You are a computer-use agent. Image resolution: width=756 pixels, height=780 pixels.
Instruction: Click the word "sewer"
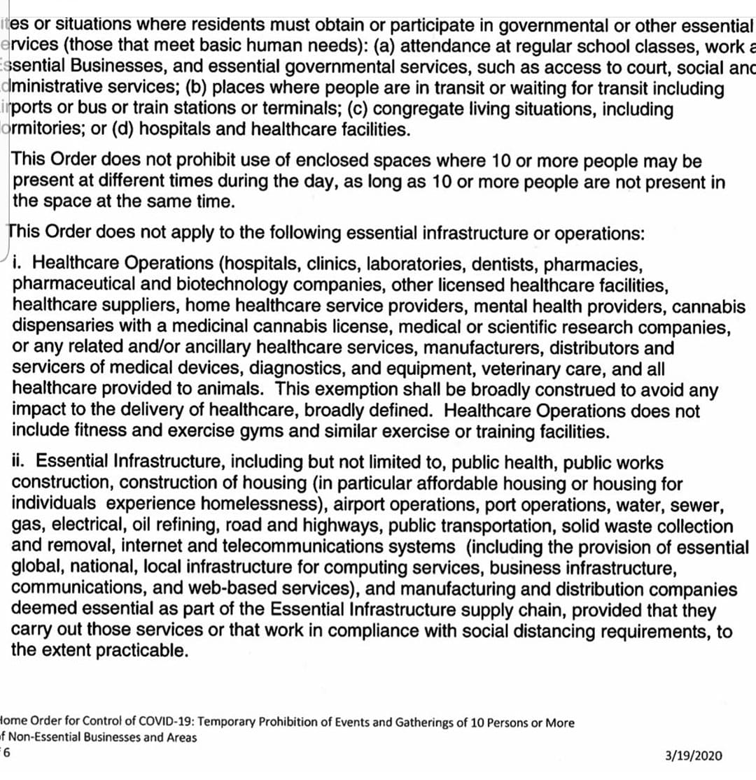pos(689,504)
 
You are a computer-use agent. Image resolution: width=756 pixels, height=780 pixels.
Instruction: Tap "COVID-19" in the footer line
pos(166,723)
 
